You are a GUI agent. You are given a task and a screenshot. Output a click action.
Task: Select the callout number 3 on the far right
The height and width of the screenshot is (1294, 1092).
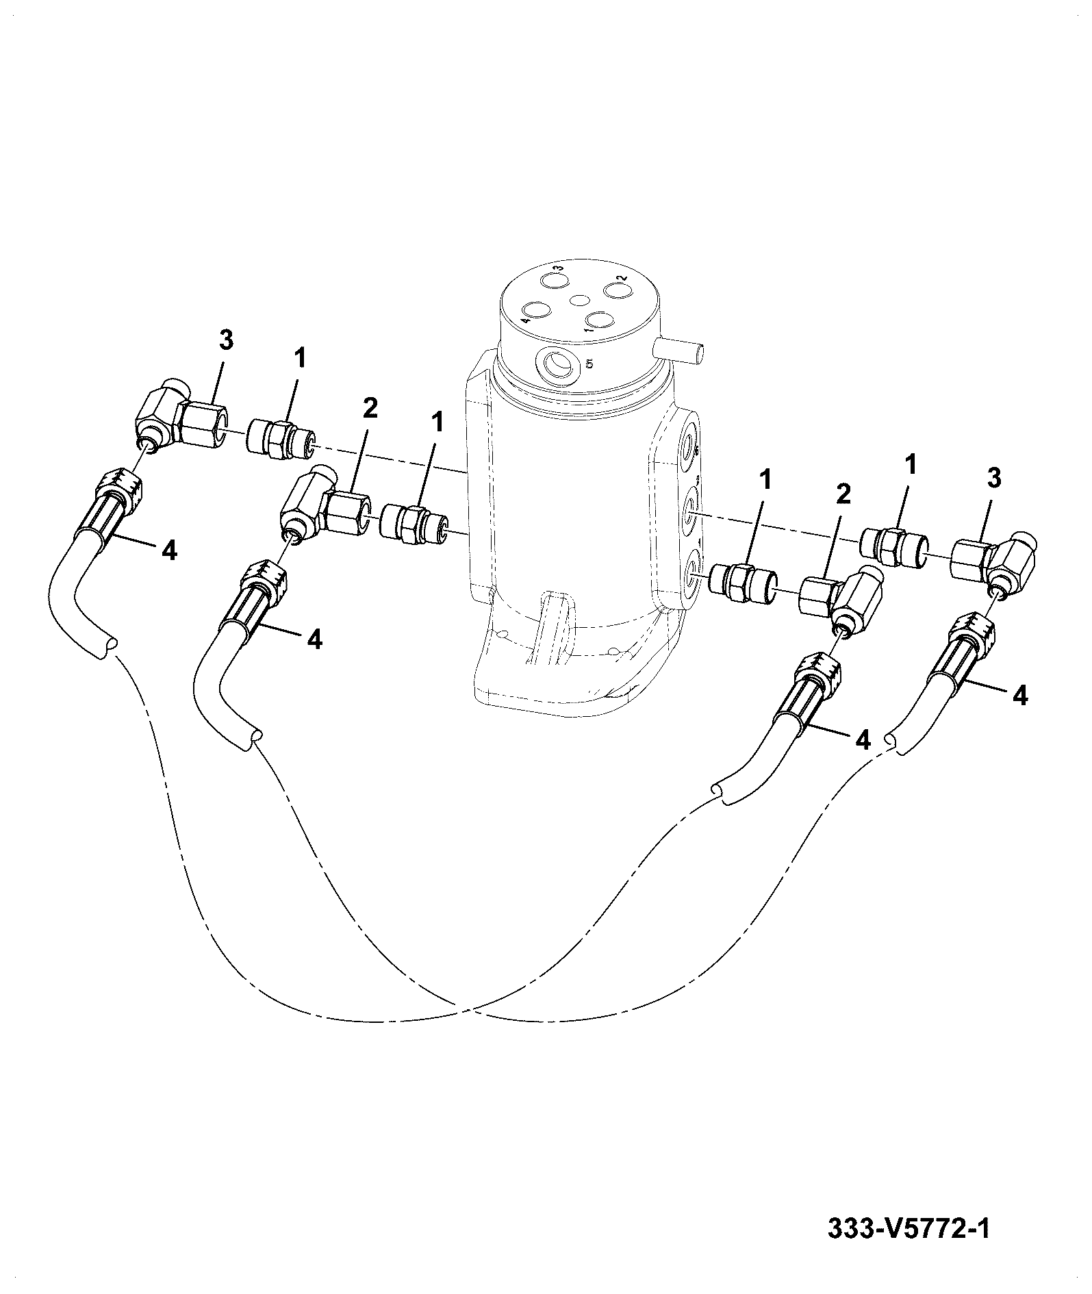(994, 479)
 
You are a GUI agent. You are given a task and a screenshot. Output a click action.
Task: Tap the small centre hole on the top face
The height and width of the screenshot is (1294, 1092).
(580, 300)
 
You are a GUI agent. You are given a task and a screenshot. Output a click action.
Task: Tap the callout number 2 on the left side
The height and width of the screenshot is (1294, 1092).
(370, 409)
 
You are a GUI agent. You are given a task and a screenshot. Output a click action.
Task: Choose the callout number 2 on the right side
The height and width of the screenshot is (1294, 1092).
(843, 494)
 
